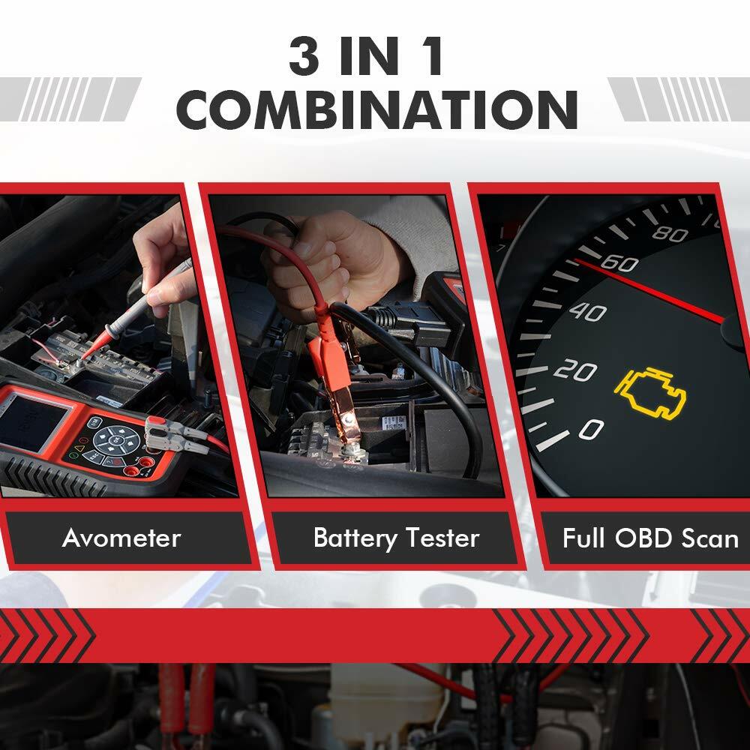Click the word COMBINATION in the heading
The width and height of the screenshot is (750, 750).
[377, 109]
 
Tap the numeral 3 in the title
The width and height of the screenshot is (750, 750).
[304, 56]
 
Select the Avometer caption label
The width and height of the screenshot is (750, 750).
[121, 538]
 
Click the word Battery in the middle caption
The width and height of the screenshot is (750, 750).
[355, 538]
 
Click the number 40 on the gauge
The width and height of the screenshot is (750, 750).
[588, 312]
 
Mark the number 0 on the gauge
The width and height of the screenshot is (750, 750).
[591, 429]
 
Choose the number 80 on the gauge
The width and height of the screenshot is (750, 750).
[670, 233]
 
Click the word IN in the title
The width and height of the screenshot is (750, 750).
[369, 56]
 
